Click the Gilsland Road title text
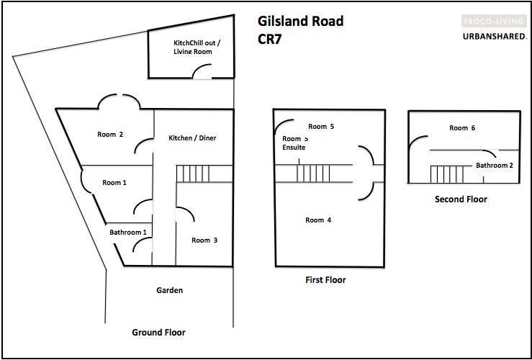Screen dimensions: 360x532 click(x=300, y=22)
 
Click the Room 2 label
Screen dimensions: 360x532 click(x=110, y=134)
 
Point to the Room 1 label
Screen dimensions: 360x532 click(x=114, y=183)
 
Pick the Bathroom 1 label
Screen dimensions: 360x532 click(x=127, y=233)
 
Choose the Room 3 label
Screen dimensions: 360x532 click(x=204, y=240)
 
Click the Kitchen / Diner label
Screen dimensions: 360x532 click(x=192, y=138)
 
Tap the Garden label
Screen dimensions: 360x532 click(x=169, y=291)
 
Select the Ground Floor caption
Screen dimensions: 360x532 click(x=158, y=333)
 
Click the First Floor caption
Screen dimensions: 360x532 click(x=325, y=280)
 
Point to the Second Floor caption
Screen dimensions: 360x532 click(x=461, y=199)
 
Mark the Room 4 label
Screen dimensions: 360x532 click(x=318, y=220)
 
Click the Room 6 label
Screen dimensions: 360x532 click(x=462, y=128)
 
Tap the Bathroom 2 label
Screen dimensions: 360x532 click(x=494, y=166)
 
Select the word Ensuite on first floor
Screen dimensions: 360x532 click(x=294, y=148)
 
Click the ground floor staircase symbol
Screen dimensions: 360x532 click(x=194, y=173)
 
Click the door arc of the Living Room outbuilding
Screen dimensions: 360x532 click(x=203, y=71)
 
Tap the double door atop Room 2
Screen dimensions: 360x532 click(x=119, y=103)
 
